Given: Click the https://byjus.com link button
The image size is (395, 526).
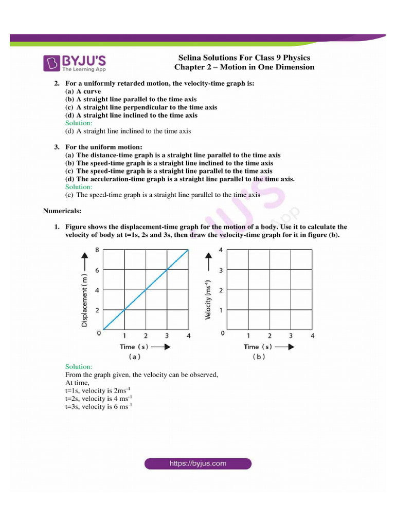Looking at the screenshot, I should tap(198, 463).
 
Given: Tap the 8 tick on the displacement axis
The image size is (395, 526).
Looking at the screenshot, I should tap(97, 250).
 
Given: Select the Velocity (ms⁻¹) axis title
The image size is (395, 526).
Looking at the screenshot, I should tap(208, 299).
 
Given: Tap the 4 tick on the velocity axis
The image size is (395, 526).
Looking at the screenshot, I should tap(221, 250).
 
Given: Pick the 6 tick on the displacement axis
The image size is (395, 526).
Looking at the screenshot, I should tap(97, 270).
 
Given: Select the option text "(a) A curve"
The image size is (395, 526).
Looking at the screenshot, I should tap(83, 91).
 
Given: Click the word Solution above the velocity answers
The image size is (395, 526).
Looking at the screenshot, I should tap(79, 367).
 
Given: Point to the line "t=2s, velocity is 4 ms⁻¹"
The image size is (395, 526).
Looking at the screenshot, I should tap(99, 399).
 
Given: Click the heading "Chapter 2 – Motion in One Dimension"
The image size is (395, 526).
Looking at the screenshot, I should tap(244, 67).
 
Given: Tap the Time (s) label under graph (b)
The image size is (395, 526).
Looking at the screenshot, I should tap(258, 347).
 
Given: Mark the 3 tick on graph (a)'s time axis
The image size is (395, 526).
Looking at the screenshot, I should tap(166, 335).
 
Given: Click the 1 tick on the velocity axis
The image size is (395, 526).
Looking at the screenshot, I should tap(221, 310).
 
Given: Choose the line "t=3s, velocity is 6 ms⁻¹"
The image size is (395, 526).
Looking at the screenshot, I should tap(99, 406).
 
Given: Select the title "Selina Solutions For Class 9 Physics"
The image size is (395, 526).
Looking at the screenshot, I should tap(244, 58).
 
